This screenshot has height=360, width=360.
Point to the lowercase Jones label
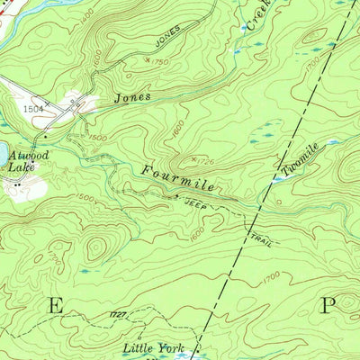click(x=132, y=94)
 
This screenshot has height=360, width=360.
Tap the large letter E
click(x=56, y=305)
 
